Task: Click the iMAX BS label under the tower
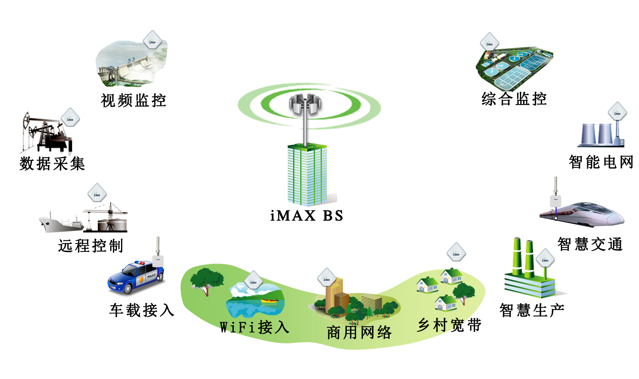tap(307, 216)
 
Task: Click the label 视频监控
tap(133, 100)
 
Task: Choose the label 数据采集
tap(52, 164)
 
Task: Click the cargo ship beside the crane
tap(60, 223)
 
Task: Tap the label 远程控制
tap(91, 245)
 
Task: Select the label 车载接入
tap(142, 310)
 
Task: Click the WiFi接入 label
tap(255, 327)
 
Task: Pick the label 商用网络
tap(359, 332)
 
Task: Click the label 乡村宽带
tap(449, 325)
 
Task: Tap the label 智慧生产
tap(532, 310)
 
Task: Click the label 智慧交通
tap(590, 244)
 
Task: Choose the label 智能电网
tap(601, 162)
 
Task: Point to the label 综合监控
tap(514, 99)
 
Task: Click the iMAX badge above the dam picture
tap(152, 41)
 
